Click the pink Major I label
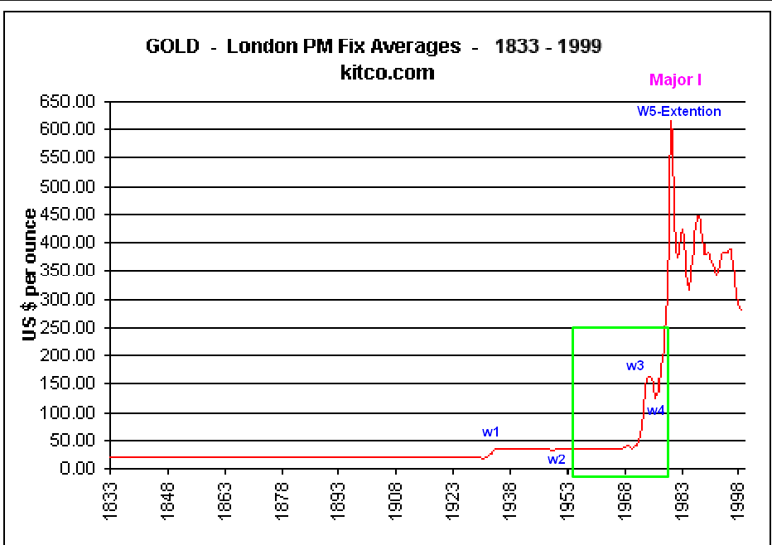(675, 80)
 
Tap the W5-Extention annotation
(678, 111)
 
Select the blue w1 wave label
(491, 432)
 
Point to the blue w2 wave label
(556, 459)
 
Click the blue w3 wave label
(634, 365)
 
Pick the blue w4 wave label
(656, 410)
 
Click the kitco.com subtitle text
(387, 72)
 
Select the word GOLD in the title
(172, 46)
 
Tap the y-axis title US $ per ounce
(31, 275)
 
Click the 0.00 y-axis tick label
(80, 469)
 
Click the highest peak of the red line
(671, 123)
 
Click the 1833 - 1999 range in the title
(548, 46)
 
